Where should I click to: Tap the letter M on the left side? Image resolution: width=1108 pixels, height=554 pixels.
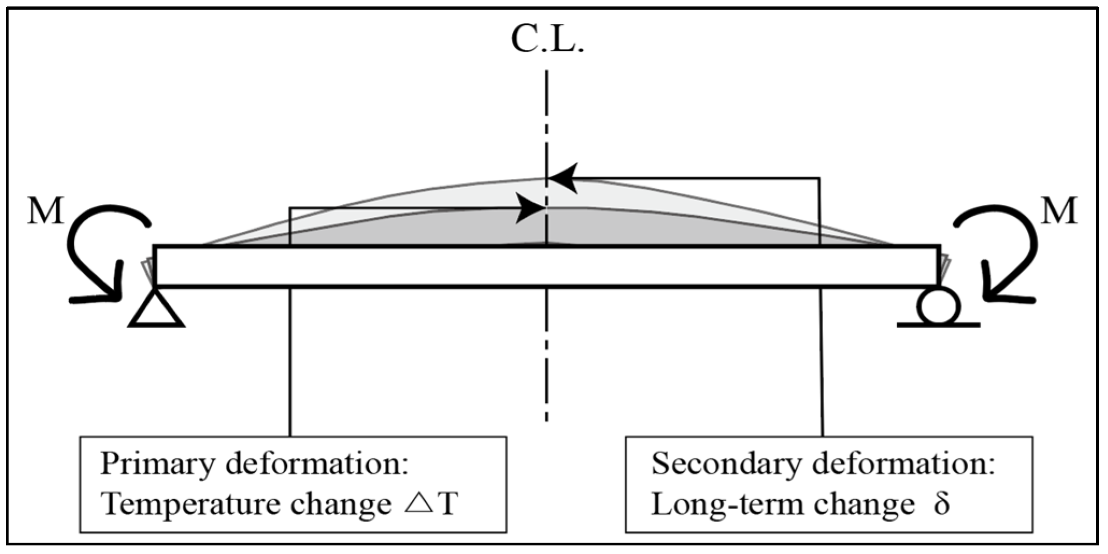pos(45,211)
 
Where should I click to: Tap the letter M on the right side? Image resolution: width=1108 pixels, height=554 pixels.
pos(1060,211)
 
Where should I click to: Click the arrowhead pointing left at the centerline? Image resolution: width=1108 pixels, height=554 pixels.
pos(562,178)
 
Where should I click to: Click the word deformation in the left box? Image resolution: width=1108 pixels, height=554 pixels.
pos(317,464)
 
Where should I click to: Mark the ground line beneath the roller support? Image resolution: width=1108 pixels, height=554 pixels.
pos(938,325)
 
